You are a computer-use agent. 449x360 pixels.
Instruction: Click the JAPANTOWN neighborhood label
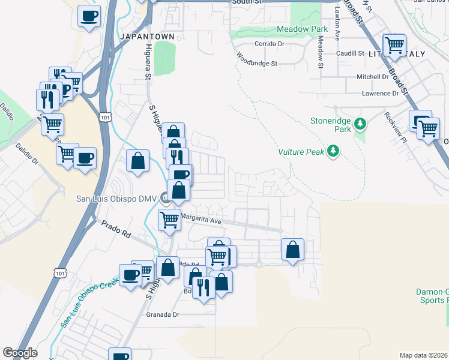point(147,37)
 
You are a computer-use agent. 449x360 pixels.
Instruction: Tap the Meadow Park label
point(302,29)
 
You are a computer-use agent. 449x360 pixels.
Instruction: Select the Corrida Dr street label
point(270,44)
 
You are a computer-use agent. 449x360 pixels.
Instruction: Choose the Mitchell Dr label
point(373,77)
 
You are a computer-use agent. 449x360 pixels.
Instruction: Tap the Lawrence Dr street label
point(380,94)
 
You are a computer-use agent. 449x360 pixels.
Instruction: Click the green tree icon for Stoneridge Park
point(360,124)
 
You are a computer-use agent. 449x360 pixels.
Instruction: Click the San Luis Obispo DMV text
point(116,199)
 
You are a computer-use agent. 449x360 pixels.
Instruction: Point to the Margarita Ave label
point(202,220)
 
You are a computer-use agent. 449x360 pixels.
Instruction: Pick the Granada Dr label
point(163,314)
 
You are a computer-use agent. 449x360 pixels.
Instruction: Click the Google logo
point(20,353)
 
